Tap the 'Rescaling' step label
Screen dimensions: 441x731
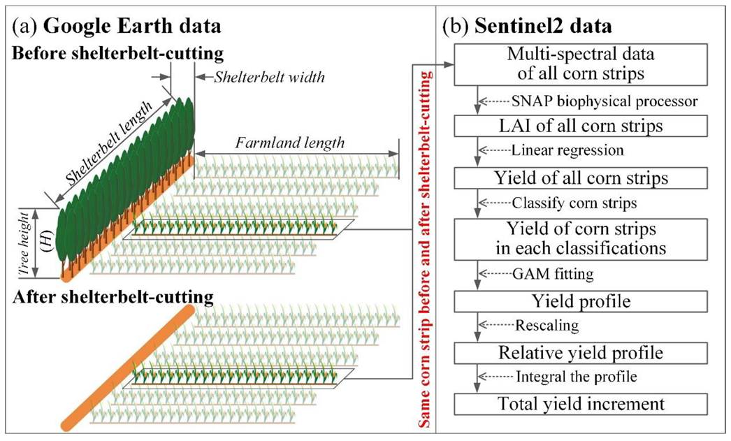point(544,325)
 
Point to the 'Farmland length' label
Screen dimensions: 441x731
point(290,144)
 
